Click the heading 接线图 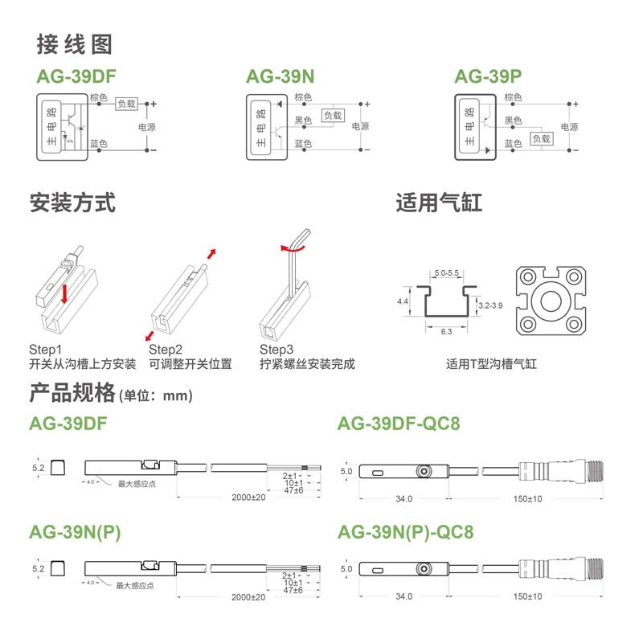click(x=75, y=45)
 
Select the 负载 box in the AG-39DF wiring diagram click(x=127, y=104)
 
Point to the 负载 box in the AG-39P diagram click(x=542, y=138)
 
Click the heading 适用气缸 click(x=439, y=203)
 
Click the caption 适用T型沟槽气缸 click(x=491, y=364)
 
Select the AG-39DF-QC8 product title click(x=399, y=423)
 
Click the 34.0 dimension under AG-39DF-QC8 click(x=400, y=498)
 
